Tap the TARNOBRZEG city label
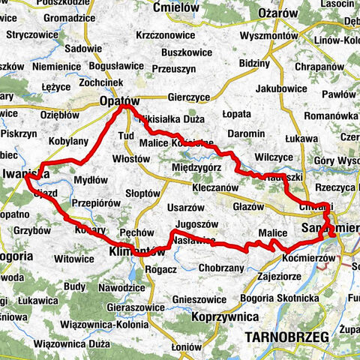coord(288,339)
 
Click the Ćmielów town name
coord(175,7)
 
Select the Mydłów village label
coord(91,180)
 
